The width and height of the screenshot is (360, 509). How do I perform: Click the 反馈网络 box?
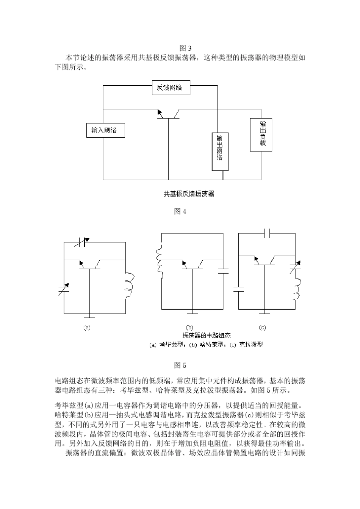[x=169, y=88]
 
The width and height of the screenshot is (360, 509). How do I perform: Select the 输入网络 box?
[x=104, y=130]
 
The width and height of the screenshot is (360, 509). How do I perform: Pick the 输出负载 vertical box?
[x=261, y=134]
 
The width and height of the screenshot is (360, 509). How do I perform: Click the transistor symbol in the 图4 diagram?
[x=168, y=115]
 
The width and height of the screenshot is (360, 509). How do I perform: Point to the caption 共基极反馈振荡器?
[x=189, y=194]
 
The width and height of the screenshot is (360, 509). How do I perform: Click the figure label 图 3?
[x=185, y=48]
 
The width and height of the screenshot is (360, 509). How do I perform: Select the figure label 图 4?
[x=180, y=212]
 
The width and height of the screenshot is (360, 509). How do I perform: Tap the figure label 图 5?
[x=180, y=365]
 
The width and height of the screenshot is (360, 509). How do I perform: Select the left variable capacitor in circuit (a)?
[x=64, y=290]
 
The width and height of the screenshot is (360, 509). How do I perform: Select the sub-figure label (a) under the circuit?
[x=87, y=328]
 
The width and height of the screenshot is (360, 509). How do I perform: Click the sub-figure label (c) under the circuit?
[x=262, y=328]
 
